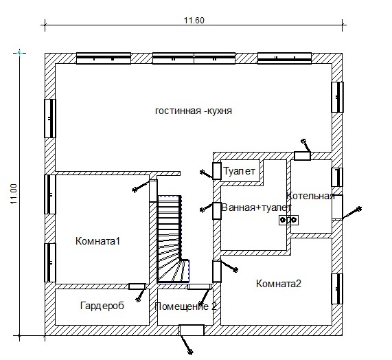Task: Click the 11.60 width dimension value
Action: click(x=194, y=20)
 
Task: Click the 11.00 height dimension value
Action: click(x=14, y=194)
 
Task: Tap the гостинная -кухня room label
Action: click(x=194, y=111)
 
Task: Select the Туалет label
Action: click(x=239, y=171)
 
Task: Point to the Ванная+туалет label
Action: click(x=256, y=207)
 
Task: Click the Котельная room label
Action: click(x=310, y=196)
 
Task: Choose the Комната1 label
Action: click(x=97, y=241)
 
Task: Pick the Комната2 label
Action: click(x=279, y=284)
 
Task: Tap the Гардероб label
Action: click(x=102, y=306)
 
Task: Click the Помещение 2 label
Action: click(x=185, y=306)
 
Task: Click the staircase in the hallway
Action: click(x=172, y=239)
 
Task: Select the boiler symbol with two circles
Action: click(x=288, y=220)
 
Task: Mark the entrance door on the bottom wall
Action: click(x=192, y=330)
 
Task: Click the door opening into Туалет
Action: click(x=217, y=171)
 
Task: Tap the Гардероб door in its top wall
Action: click(x=137, y=286)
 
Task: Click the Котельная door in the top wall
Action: click(x=302, y=156)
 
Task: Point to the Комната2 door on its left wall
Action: click(x=217, y=271)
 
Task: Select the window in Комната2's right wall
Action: click(x=337, y=289)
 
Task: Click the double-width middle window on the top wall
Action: click(x=194, y=58)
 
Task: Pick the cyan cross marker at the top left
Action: click(x=20, y=53)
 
